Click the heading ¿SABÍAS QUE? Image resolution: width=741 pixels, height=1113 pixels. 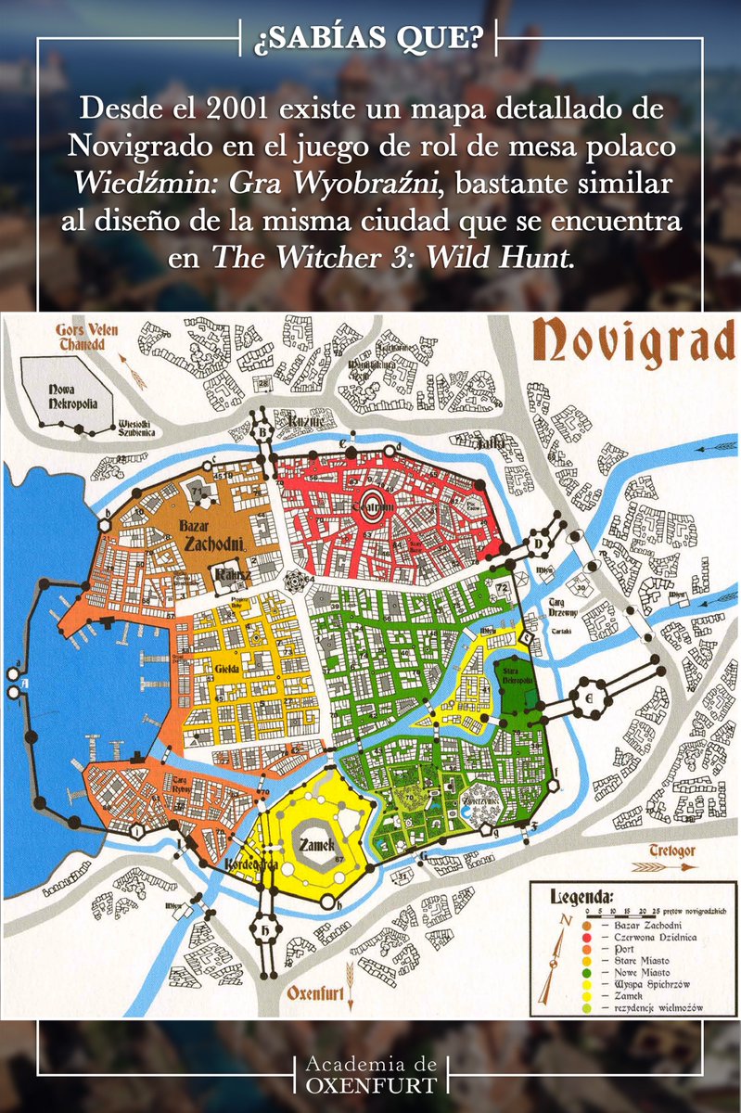(x=370, y=41)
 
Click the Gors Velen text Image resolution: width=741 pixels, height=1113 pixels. (x=81, y=331)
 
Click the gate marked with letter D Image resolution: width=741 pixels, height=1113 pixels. (x=538, y=543)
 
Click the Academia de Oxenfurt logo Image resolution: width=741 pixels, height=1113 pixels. (x=371, y=1073)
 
